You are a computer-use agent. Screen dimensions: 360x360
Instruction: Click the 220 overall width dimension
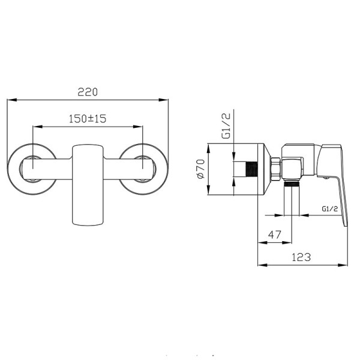[x=88, y=92]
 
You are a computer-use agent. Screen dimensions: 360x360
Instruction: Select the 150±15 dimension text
[x=88, y=119]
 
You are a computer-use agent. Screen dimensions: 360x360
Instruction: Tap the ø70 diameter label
[x=200, y=169]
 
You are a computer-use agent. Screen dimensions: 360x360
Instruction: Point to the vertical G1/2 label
[x=226, y=126]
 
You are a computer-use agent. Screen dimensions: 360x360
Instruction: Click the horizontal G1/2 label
[x=329, y=209]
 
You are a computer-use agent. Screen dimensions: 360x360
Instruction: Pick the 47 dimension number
[x=275, y=235]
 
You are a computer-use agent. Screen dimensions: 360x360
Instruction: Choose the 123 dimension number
[x=301, y=257]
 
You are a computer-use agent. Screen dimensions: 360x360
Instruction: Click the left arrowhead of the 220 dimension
[x=12, y=100]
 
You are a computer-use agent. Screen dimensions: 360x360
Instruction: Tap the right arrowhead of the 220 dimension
[x=163, y=100]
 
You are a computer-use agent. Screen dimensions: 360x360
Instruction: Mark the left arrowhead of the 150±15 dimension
[x=38, y=127]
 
